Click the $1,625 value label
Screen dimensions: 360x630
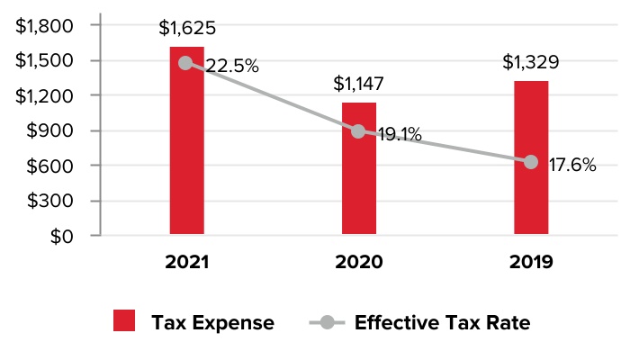[187, 28]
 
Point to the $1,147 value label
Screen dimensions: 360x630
[358, 85]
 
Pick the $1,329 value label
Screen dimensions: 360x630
[531, 63]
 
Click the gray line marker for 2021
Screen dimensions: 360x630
[185, 63]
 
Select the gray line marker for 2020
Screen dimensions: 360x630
[358, 131]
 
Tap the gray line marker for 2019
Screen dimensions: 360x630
[531, 162]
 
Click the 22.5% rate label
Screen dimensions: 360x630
[232, 66]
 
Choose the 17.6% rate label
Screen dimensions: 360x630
[571, 166]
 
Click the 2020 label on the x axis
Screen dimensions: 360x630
[358, 263]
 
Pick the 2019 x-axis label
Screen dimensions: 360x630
[531, 263]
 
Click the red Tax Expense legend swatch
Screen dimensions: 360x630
[124, 321]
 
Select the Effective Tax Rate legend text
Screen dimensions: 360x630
[442, 322]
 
